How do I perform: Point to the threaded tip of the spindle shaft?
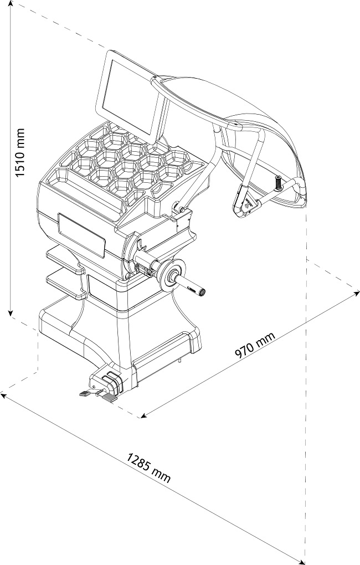tap(203, 291)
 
